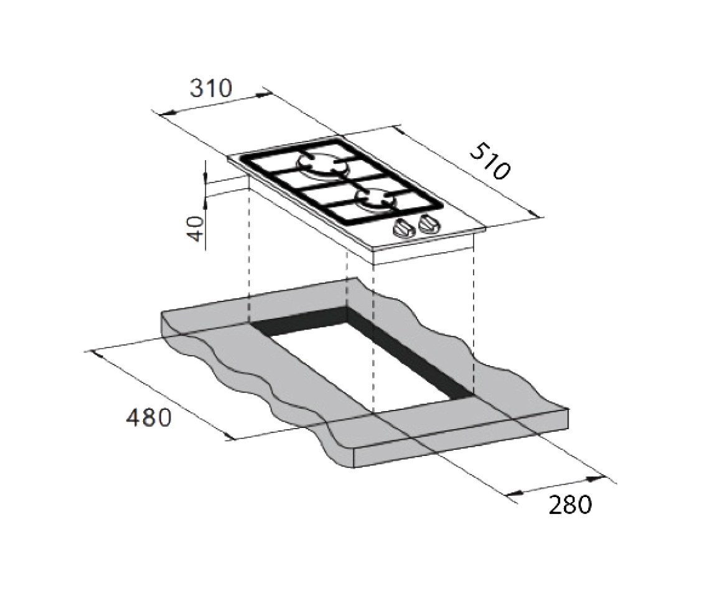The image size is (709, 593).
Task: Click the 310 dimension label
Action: (211, 88)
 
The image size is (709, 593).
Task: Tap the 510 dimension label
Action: (490, 161)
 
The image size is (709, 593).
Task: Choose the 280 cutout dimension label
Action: (570, 505)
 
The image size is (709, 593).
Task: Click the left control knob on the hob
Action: (404, 228)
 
